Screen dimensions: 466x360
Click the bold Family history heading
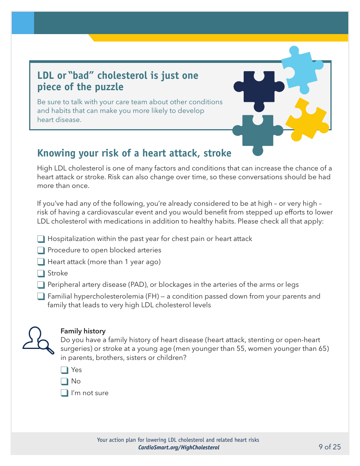83,331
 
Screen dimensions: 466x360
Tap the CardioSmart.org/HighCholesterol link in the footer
178,447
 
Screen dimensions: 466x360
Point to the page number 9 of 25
330,447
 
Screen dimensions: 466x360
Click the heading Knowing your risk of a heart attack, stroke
134,153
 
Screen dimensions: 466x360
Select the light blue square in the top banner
23,23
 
